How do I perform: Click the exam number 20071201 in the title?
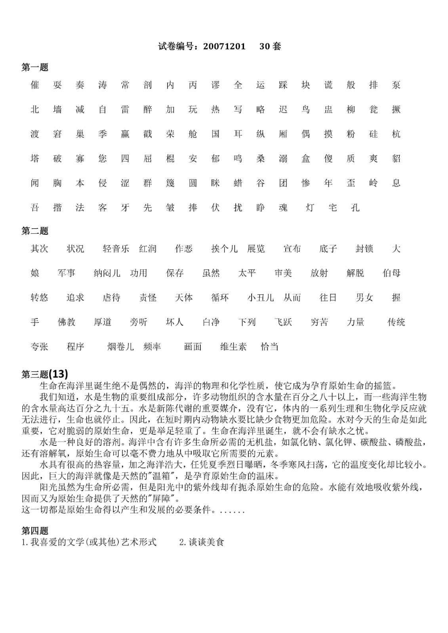tap(224, 46)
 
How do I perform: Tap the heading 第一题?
tap(35, 68)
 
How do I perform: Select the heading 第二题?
tap(35, 231)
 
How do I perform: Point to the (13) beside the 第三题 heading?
tap(59, 373)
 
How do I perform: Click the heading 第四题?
tap(35, 531)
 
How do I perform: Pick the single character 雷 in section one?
tap(125, 110)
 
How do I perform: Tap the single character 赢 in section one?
tap(125, 134)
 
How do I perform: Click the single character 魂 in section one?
tap(283, 207)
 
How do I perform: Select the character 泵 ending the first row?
tap(396, 85)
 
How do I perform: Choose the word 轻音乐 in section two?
tap(116, 249)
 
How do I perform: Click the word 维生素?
tap(233, 347)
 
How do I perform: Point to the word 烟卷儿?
tap(120, 347)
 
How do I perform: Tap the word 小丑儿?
tap(260, 298)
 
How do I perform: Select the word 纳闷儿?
tap(107, 273)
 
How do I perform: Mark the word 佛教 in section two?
tap(67, 322)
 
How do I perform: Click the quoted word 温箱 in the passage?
tap(162, 476)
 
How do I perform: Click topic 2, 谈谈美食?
tap(202, 542)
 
